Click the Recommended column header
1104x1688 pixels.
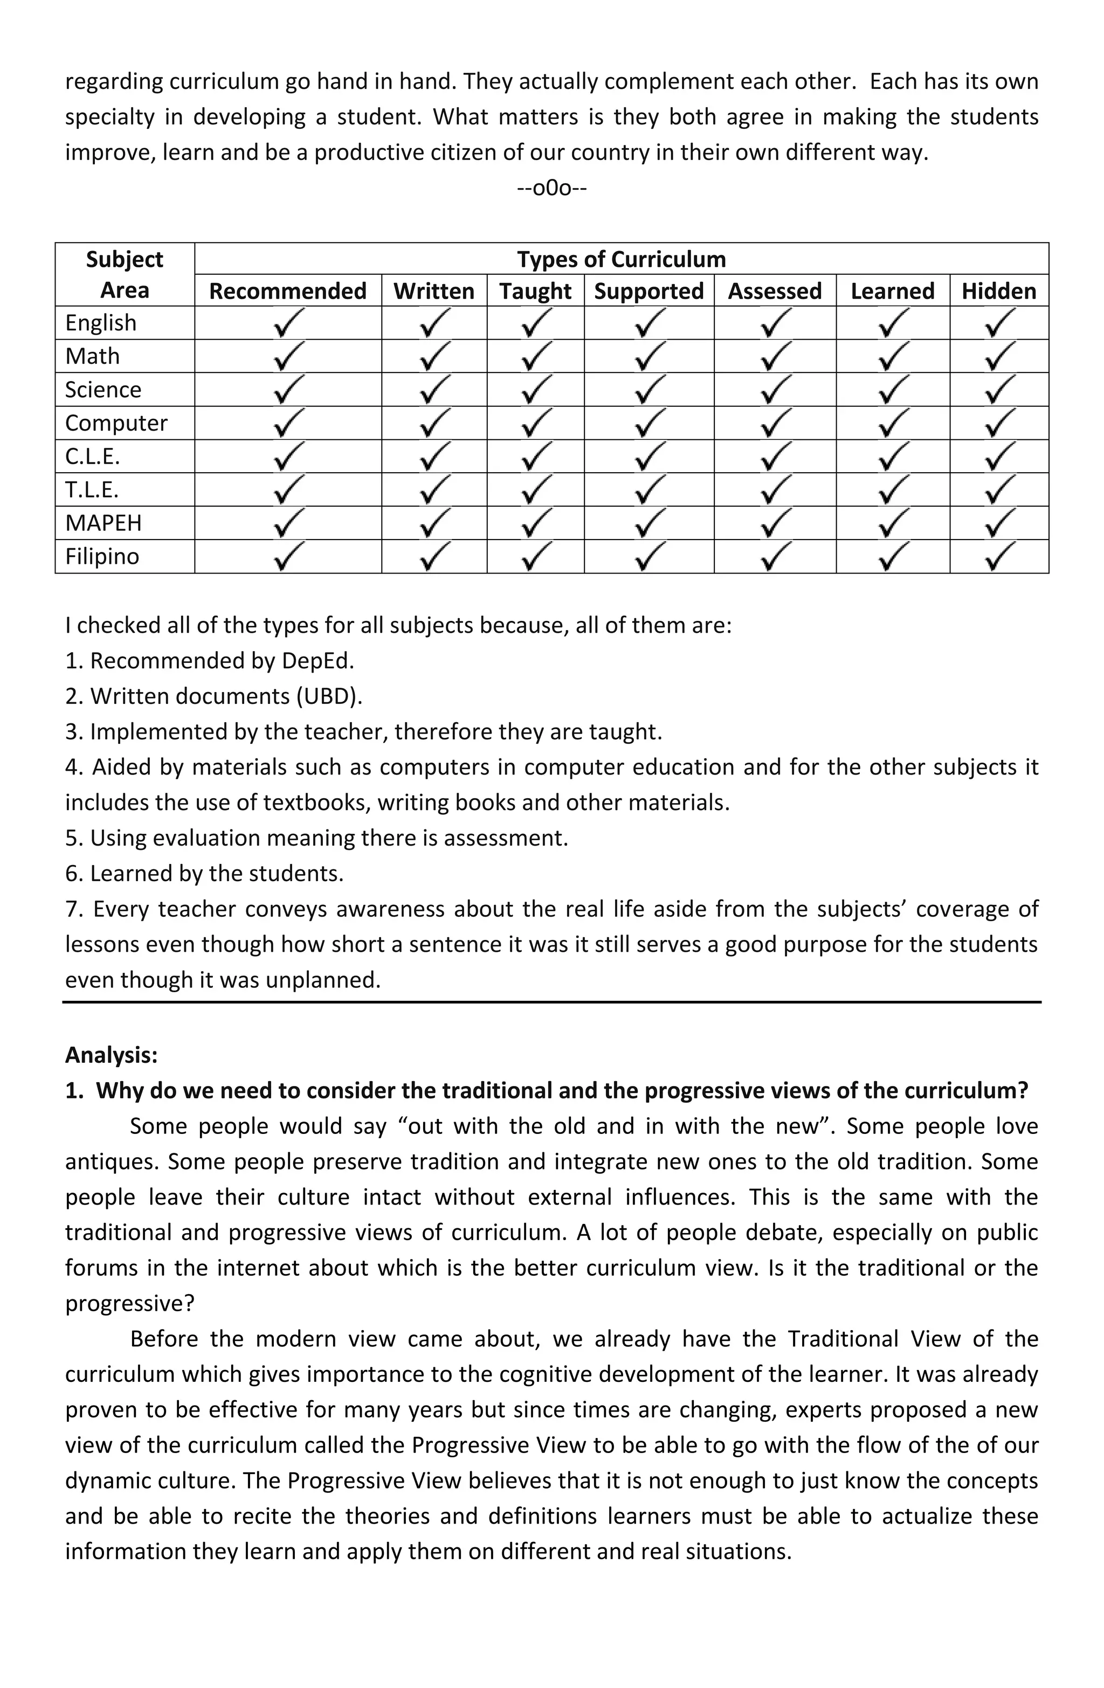coord(287,291)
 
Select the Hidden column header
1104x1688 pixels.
coord(998,291)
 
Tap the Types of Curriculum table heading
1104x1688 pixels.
coord(621,259)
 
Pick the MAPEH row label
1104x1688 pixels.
coord(103,523)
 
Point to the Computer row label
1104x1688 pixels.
coord(116,423)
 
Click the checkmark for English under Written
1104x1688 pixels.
coord(433,323)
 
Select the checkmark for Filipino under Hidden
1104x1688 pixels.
coord(999,557)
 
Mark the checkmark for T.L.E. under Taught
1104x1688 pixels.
coord(535,490)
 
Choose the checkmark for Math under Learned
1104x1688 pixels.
coord(892,357)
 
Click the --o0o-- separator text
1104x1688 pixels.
coord(552,188)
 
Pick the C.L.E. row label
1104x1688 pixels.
coord(93,456)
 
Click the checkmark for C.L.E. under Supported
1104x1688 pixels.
coord(648,456)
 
